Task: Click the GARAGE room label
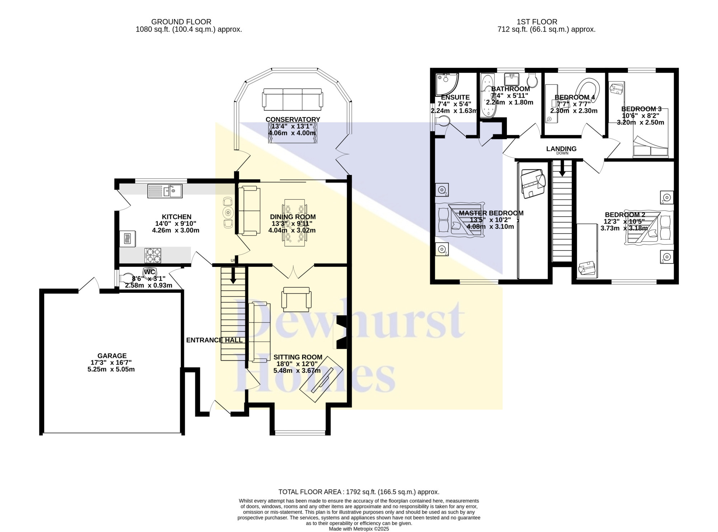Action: tap(112, 356)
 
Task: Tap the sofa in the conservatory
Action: tap(292, 100)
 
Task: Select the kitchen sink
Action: tap(165, 191)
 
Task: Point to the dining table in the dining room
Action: tap(294, 223)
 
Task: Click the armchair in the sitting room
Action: tap(297, 299)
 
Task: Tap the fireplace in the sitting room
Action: tap(340, 332)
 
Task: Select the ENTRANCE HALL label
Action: tap(214, 340)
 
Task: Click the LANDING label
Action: tap(561, 149)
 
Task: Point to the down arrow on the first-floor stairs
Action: tap(562, 168)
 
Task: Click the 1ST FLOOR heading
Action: tap(537, 22)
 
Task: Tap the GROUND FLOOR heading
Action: tap(181, 22)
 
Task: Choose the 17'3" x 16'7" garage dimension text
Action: tap(111, 363)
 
